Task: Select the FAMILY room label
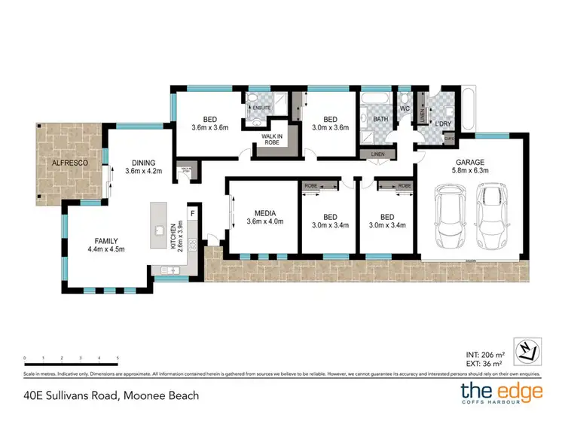click(x=105, y=239)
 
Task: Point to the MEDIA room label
click(x=263, y=212)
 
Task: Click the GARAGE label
click(x=469, y=161)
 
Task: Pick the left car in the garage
click(x=447, y=218)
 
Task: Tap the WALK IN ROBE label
click(x=271, y=139)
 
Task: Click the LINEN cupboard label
click(x=379, y=155)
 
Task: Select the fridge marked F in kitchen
click(x=191, y=213)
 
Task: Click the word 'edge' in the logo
click(x=511, y=392)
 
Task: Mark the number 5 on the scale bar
click(x=118, y=358)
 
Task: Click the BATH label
click(x=380, y=119)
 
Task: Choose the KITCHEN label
click(x=173, y=236)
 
